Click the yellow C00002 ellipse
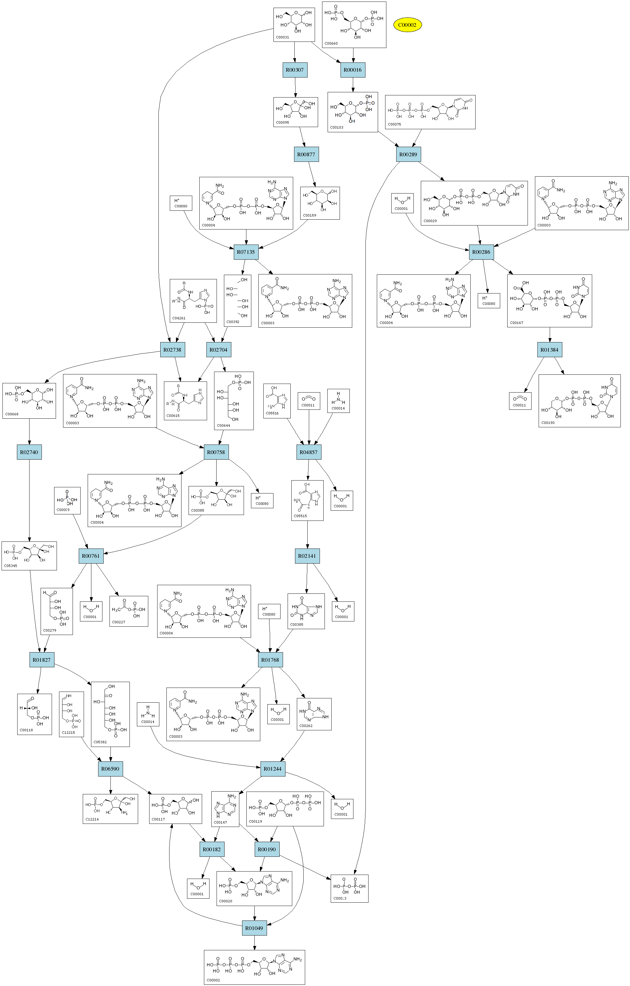pos(407,25)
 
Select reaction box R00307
pos(295,70)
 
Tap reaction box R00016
pos(353,70)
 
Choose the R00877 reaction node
pos(306,154)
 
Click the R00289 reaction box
pos(409,154)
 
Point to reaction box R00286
pos(481,252)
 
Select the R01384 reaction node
pos(549,350)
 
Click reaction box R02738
pos(172,350)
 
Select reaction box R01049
pos(254,928)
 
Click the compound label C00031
pos(282,37)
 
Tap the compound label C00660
pos(331,43)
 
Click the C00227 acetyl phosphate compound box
pos(129,611)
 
